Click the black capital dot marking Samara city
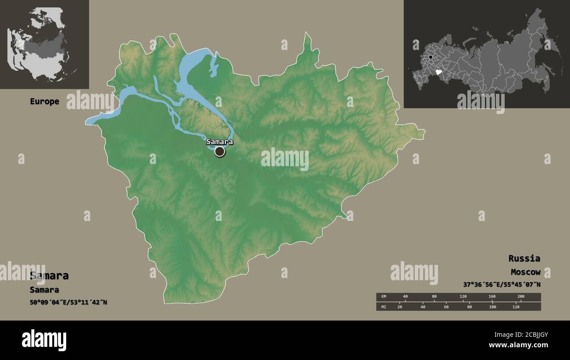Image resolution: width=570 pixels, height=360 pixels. (x=220, y=152)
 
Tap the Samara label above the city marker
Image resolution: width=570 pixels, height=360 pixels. (x=220, y=142)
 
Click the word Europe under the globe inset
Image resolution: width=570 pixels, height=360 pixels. (x=44, y=101)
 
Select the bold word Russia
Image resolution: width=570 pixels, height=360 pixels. (x=524, y=258)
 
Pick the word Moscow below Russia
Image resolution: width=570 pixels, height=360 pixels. (x=525, y=272)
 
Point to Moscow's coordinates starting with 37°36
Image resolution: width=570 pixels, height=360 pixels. (x=502, y=285)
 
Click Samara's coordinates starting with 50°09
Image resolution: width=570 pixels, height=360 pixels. (x=68, y=302)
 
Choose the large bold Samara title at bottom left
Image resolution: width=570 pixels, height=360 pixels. (x=49, y=276)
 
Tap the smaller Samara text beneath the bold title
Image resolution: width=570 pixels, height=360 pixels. (x=44, y=290)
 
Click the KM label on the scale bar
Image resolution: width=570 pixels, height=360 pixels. (x=384, y=297)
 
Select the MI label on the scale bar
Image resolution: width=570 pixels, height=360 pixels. (x=384, y=307)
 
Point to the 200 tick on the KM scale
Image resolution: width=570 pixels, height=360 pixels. (x=520, y=297)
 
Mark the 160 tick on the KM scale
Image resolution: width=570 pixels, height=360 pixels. (x=492, y=297)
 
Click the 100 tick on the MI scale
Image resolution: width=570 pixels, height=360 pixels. (x=492, y=307)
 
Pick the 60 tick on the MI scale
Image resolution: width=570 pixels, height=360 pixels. (x=446, y=307)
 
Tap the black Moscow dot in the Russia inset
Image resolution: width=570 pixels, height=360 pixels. (x=431, y=57)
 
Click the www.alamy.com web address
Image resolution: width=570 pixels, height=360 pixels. (x=518, y=345)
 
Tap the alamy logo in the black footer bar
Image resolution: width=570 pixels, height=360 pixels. (x=44, y=340)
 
